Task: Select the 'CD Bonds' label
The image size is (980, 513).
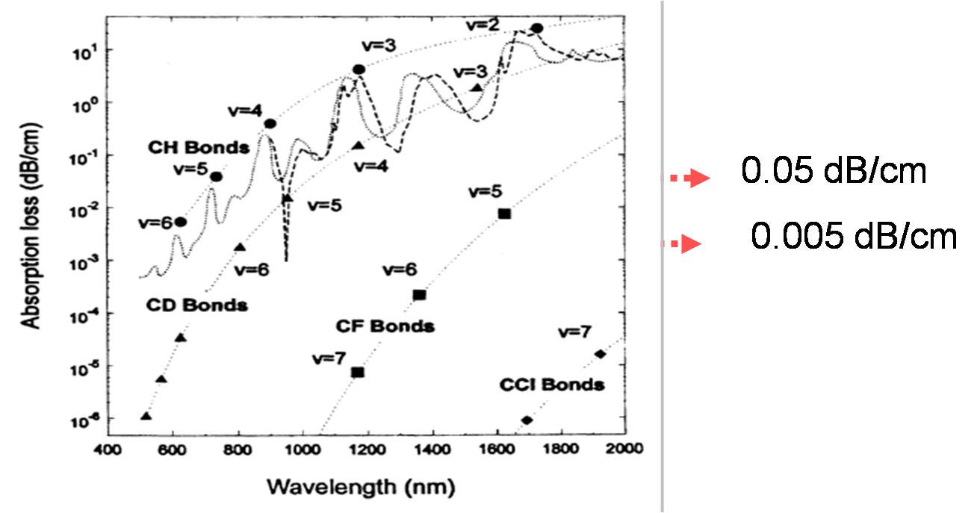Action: pyautogui.click(x=196, y=305)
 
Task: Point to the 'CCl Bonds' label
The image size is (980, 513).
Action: pyautogui.click(x=552, y=385)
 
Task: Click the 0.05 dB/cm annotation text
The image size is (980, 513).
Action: pyautogui.click(x=834, y=172)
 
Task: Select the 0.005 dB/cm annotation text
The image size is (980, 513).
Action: pyautogui.click(x=854, y=237)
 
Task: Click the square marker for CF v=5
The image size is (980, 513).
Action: pyautogui.click(x=504, y=214)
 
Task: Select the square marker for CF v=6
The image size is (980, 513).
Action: pyautogui.click(x=419, y=295)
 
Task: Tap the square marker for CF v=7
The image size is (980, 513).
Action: pyautogui.click(x=358, y=372)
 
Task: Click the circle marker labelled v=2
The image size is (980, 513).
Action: pyautogui.click(x=536, y=28)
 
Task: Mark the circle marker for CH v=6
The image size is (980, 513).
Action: pyautogui.click(x=180, y=223)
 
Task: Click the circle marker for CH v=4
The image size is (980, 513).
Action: pyautogui.click(x=270, y=123)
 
